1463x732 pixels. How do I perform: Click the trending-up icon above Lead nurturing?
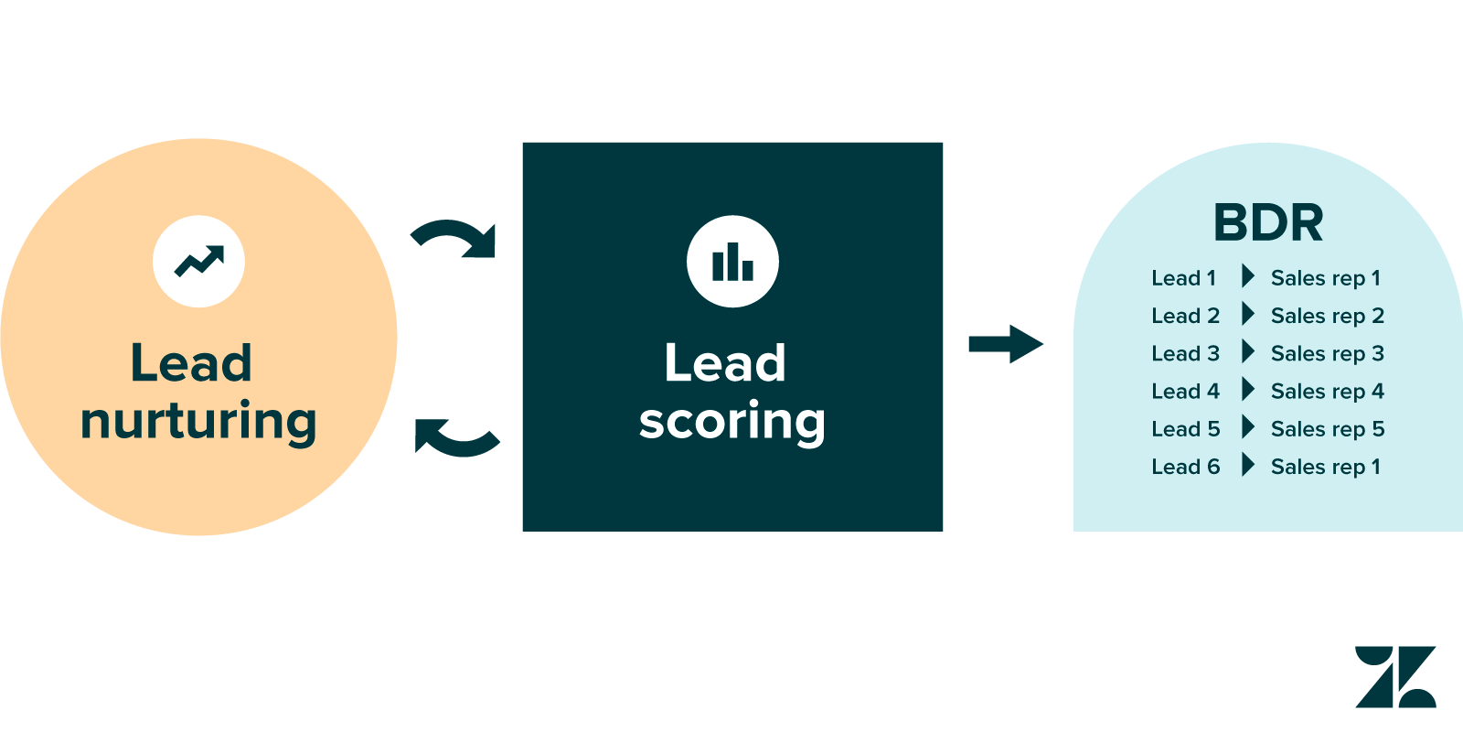pyautogui.click(x=198, y=262)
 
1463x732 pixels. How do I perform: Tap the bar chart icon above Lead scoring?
pyautogui.click(x=732, y=262)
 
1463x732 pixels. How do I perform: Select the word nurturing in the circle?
pyautogui.click(x=198, y=421)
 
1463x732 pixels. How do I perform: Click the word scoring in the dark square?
pyautogui.click(x=731, y=421)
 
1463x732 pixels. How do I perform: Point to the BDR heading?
pyautogui.click(x=1268, y=222)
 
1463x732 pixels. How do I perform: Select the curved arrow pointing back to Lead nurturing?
pyautogui.click(x=456, y=436)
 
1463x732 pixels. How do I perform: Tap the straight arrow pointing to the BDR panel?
pyautogui.click(x=1005, y=344)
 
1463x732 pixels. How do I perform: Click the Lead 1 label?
pyautogui.click(x=1183, y=278)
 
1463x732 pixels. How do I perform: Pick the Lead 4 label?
pyautogui.click(x=1185, y=392)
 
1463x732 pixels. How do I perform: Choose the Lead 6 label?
pyautogui.click(x=1185, y=467)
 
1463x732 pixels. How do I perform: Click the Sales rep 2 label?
pyautogui.click(x=1327, y=317)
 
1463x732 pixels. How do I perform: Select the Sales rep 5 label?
pyautogui.click(x=1327, y=429)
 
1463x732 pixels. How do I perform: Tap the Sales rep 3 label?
pyautogui.click(x=1327, y=354)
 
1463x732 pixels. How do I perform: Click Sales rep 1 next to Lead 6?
pyautogui.click(x=1325, y=467)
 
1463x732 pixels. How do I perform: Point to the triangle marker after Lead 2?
pyautogui.click(x=1248, y=314)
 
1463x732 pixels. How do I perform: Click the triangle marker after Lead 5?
pyautogui.click(x=1248, y=426)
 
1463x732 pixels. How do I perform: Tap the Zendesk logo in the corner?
pyautogui.click(x=1395, y=677)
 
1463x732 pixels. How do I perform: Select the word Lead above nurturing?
pyautogui.click(x=191, y=363)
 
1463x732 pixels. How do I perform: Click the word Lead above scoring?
pyautogui.click(x=725, y=363)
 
